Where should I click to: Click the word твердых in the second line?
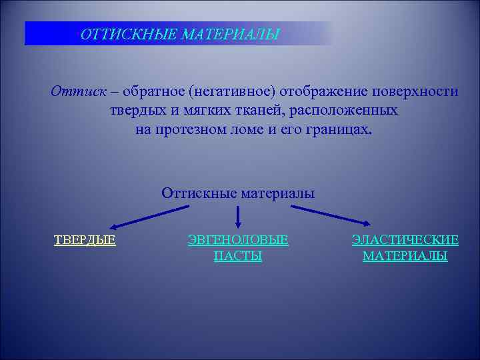pos(136,110)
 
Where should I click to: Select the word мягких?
pos(201,110)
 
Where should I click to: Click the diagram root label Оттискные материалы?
pos(238,193)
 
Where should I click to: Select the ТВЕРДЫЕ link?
pos(85,240)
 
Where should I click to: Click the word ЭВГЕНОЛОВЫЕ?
pos(238,240)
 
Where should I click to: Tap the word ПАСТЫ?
pos(238,256)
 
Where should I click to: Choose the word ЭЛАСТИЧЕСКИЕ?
pos(405,240)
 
